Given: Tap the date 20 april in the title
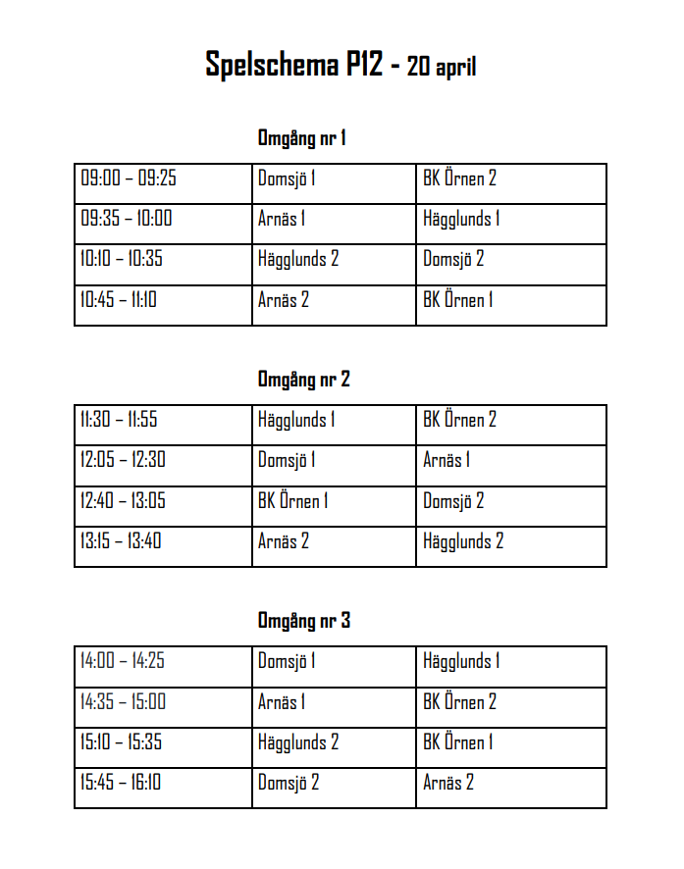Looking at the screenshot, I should click(x=442, y=67).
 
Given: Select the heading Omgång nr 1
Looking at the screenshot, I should click(x=301, y=138).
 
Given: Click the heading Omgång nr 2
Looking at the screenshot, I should click(x=303, y=380).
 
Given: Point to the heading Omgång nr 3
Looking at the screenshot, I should click(x=303, y=621).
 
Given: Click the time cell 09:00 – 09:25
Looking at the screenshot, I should click(x=129, y=179).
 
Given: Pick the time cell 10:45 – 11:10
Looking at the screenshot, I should click(x=119, y=300).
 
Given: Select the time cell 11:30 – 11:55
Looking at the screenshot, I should click(x=119, y=420).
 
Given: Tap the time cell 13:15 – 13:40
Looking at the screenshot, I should click(x=121, y=540).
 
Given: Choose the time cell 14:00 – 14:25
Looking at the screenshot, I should click(x=123, y=661).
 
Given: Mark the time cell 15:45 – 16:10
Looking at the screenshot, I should click(x=121, y=783).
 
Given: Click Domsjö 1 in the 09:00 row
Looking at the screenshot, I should click(x=287, y=179).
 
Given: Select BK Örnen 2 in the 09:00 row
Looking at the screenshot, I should click(x=459, y=179).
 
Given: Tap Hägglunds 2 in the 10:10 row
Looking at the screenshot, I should click(x=298, y=260).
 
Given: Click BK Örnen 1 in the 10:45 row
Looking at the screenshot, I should click(x=457, y=300).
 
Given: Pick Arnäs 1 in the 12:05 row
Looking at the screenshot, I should click(x=447, y=460).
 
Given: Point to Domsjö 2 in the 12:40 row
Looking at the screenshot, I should click(x=453, y=501).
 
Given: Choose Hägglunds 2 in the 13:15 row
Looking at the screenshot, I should click(x=463, y=540).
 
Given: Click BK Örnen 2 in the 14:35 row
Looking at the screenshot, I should click(x=459, y=702).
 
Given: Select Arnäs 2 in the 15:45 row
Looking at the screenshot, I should click(x=448, y=783).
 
